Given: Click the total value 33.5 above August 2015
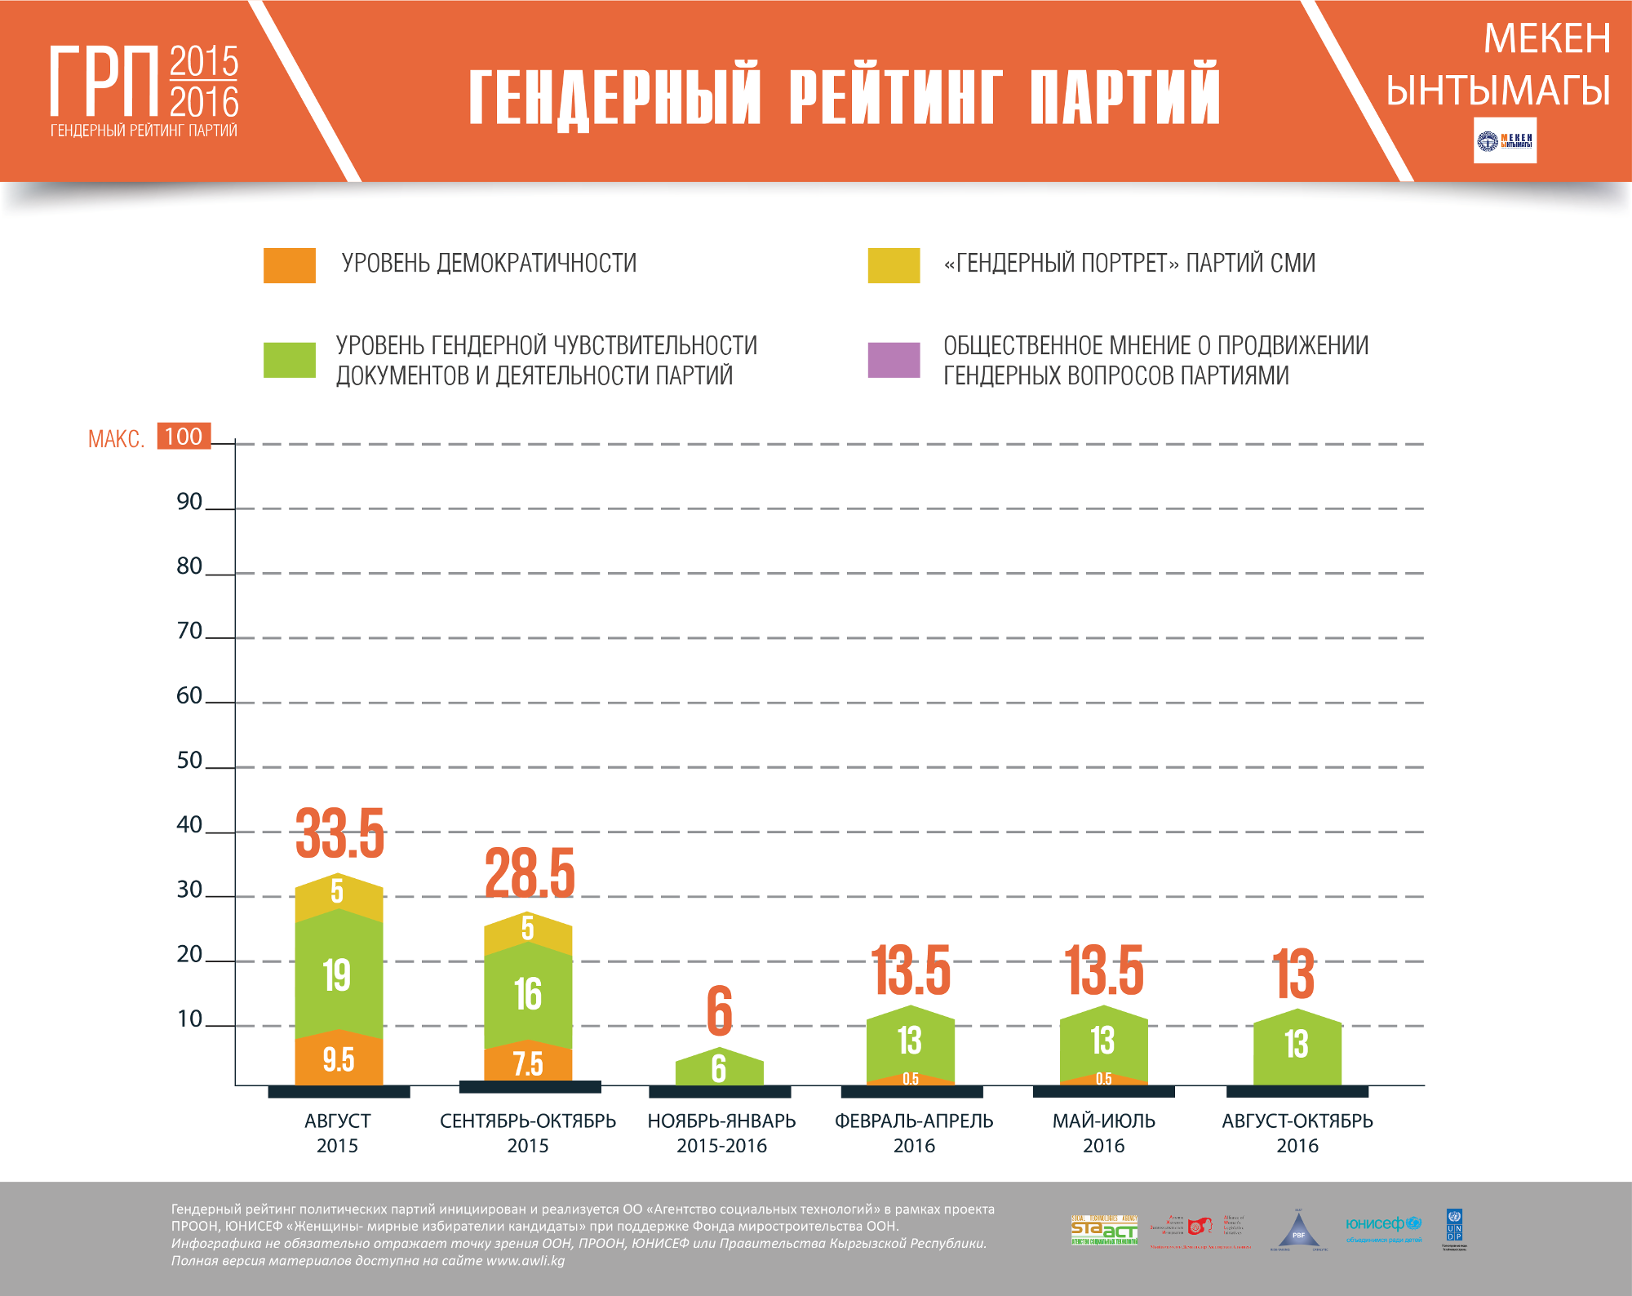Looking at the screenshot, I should coord(339,834).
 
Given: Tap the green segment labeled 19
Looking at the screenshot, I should coord(338,975).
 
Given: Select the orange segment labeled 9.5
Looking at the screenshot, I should coord(338,1060).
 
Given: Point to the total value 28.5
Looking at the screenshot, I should coord(530,872).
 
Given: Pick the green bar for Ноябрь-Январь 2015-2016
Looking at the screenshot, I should coord(719,1068).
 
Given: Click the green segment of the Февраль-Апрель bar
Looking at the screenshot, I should coord(910,1041).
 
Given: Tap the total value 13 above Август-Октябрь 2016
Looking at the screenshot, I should coord(1294,974).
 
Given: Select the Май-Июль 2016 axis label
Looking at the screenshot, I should coord(1104,1133).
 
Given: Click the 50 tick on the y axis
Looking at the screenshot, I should coord(189,761).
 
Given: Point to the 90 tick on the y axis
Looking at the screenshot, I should coord(189,502).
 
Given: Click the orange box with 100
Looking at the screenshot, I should coord(184,437).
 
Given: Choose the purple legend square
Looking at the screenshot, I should coord(894,360).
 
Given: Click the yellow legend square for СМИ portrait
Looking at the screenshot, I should coord(894,265).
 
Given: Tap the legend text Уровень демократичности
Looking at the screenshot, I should coord(489,264).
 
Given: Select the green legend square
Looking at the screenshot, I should coord(290,360).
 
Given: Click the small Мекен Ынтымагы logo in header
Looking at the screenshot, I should coord(1505,141).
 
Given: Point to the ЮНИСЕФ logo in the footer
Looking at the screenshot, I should coord(1383,1227).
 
